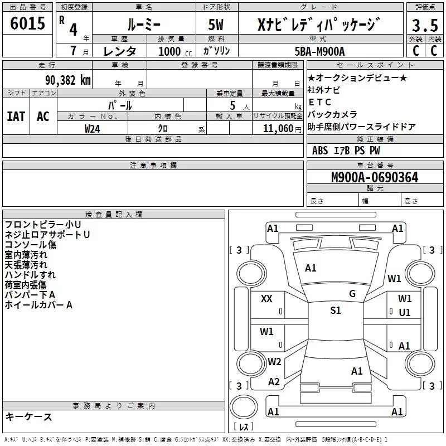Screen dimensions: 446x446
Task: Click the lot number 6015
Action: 27,23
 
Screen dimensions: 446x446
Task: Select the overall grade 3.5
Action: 425,25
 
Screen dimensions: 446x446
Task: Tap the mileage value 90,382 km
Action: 67,80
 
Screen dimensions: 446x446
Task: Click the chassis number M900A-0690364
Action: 375,177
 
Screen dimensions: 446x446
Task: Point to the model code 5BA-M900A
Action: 319,51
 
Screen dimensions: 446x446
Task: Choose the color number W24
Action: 92,129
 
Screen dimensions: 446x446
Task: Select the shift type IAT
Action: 16,117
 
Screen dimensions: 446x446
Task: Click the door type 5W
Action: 216,25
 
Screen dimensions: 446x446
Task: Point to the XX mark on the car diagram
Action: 266,299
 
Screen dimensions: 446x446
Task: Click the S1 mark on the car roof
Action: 336,311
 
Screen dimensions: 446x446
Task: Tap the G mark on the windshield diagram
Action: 352,294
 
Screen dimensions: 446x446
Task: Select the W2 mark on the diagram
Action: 274,361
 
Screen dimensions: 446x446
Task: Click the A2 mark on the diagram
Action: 274,382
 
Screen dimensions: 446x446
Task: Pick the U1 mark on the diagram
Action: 405,313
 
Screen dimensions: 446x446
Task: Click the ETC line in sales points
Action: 319,102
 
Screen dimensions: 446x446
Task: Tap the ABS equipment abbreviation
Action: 320,151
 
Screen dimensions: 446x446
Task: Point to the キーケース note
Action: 28,417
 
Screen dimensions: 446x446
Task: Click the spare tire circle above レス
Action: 244,407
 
